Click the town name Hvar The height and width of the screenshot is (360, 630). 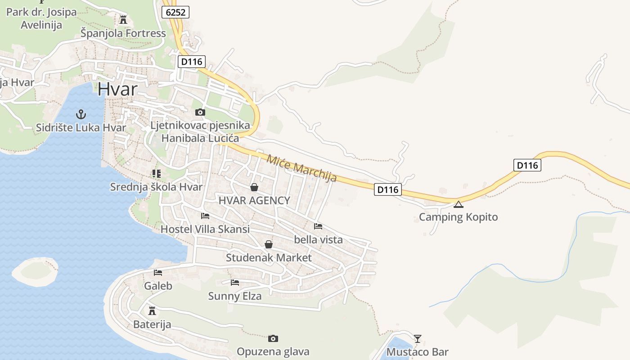coord(117,89)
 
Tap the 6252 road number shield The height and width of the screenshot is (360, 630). coord(175,12)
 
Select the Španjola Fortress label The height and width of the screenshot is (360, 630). coord(123,33)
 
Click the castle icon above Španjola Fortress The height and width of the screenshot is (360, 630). coord(123,19)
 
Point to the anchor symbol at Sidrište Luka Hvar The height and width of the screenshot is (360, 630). coord(81,114)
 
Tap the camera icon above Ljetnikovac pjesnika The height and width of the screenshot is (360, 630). coord(200,112)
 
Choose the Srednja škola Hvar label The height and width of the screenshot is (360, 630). coord(156,187)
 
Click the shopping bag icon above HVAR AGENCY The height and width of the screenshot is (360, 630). coord(254,187)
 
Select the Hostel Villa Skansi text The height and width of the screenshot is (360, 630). coord(205,229)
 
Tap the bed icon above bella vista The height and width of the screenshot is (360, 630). coord(318,226)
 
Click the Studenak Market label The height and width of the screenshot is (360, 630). coord(269,258)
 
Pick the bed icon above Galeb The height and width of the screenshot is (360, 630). coord(157,272)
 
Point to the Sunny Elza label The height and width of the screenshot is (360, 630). coord(234,296)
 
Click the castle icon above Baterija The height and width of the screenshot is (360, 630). coord(152,310)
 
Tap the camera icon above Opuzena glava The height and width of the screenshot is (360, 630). coord(273,338)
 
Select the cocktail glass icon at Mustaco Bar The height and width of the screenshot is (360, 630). coord(418,338)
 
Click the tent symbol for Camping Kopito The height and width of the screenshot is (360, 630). coord(458,204)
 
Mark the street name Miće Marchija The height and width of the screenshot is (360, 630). coord(301,168)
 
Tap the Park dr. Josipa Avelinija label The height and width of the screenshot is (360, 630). coord(41,18)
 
